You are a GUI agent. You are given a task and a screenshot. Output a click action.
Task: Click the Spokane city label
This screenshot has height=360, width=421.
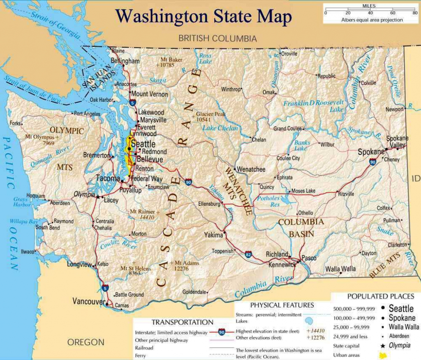click(371, 152)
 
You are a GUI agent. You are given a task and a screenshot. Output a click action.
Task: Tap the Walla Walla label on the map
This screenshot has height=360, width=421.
click(340, 269)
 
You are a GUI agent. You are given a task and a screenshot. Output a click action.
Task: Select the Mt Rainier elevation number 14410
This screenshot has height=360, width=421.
click(147, 217)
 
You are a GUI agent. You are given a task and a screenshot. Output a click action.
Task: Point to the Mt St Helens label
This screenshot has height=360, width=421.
click(136, 268)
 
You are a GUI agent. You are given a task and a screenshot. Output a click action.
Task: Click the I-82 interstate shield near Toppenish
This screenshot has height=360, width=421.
click(248, 255)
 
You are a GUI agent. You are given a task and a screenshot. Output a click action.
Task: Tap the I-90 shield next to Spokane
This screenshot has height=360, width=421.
click(372, 162)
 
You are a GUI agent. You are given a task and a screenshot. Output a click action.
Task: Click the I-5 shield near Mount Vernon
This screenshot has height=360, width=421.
click(132, 102)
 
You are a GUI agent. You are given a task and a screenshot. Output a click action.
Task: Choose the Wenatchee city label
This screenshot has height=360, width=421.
click(251, 169)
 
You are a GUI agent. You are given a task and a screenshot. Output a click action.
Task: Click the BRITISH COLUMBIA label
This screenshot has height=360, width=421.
click(217, 39)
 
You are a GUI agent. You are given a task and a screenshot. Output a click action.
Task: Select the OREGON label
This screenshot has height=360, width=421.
click(86, 342)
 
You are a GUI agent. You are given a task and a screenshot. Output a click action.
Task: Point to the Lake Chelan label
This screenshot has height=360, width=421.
click(220, 128)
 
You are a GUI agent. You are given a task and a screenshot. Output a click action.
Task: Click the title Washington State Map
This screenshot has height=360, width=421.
click(204, 16)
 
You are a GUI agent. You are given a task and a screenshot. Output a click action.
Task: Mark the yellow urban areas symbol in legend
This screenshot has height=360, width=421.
click(383, 355)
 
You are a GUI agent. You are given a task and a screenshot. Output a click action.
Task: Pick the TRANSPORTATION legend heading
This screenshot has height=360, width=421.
click(182, 322)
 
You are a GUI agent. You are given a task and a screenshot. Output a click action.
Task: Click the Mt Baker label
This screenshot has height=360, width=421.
click(171, 60)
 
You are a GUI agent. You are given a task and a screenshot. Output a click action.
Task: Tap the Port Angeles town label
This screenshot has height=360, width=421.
click(87, 114)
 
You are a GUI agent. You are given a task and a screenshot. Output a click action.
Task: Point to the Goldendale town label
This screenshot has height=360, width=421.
click(194, 292)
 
